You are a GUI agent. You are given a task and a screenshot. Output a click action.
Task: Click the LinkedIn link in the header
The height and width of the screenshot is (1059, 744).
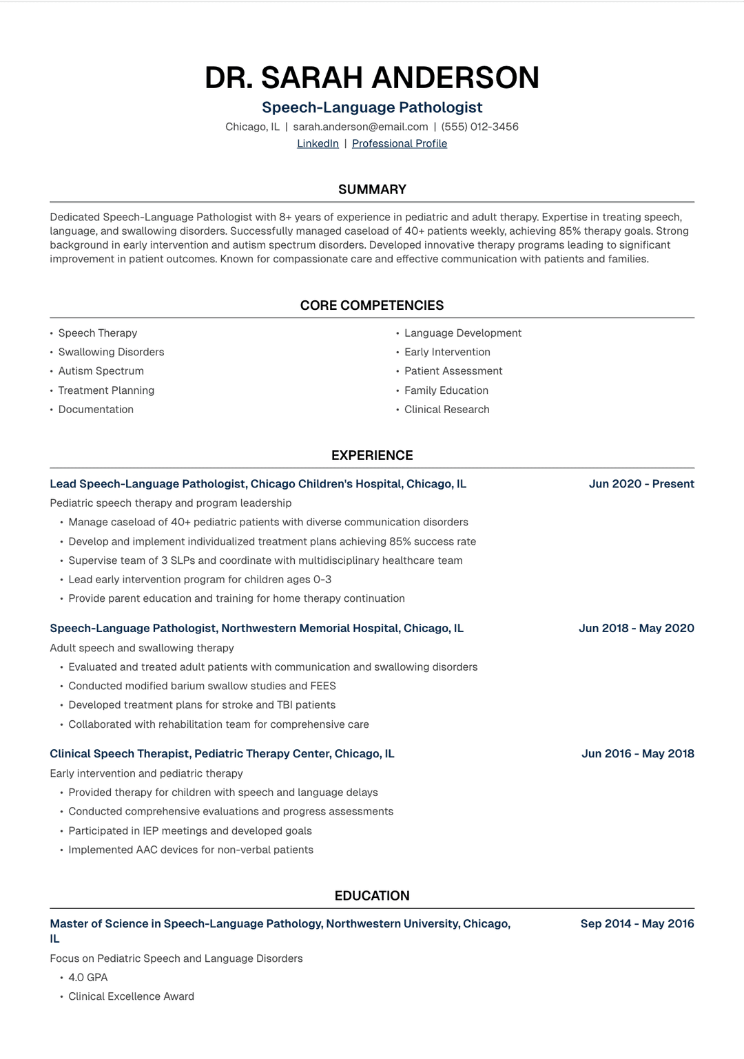coord(318,143)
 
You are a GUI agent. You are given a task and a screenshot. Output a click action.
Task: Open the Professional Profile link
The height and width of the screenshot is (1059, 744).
coord(400,143)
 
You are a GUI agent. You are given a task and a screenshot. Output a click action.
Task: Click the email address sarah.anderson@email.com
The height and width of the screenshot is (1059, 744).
coord(360,127)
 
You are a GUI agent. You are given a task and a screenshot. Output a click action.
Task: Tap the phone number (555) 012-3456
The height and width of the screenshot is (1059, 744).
coord(479,127)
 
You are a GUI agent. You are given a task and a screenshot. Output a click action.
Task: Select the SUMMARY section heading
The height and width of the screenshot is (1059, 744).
coord(372,189)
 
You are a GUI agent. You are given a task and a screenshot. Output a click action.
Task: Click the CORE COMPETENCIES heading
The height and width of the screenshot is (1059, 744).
coord(372,305)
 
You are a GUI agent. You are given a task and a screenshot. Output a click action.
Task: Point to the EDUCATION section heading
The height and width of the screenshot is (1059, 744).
coord(372,896)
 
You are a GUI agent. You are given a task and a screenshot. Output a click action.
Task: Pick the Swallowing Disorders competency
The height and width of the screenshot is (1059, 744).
coord(111,352)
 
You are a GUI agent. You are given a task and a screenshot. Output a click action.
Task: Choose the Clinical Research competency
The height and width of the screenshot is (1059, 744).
coord(446,409)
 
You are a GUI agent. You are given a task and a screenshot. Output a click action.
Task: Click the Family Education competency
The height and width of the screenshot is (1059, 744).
coord(446,390)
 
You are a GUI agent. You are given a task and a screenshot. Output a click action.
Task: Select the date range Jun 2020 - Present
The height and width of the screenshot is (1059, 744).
coord(641,484)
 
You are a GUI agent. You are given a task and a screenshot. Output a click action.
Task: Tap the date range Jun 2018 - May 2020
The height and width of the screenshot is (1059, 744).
coord(636,628)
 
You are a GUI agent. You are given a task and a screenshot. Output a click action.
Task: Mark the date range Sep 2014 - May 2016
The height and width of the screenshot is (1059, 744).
coord(637,923)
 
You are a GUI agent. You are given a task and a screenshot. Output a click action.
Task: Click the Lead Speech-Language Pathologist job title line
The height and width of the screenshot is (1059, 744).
coord(258,484)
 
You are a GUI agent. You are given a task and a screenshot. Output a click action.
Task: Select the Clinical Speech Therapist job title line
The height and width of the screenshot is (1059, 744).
coord(222,753)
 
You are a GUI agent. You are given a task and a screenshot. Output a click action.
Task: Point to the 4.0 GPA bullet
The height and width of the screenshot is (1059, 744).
coord(88,977)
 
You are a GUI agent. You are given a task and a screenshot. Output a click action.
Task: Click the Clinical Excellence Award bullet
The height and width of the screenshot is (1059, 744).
coord(131,996)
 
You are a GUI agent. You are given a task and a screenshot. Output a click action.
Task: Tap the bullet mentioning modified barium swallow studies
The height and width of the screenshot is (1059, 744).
coord(202,686)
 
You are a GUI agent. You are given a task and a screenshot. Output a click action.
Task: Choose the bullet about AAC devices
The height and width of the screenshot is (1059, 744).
coord(191,850)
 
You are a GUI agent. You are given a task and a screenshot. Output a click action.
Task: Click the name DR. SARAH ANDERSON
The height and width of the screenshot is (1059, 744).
coord(372,77)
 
